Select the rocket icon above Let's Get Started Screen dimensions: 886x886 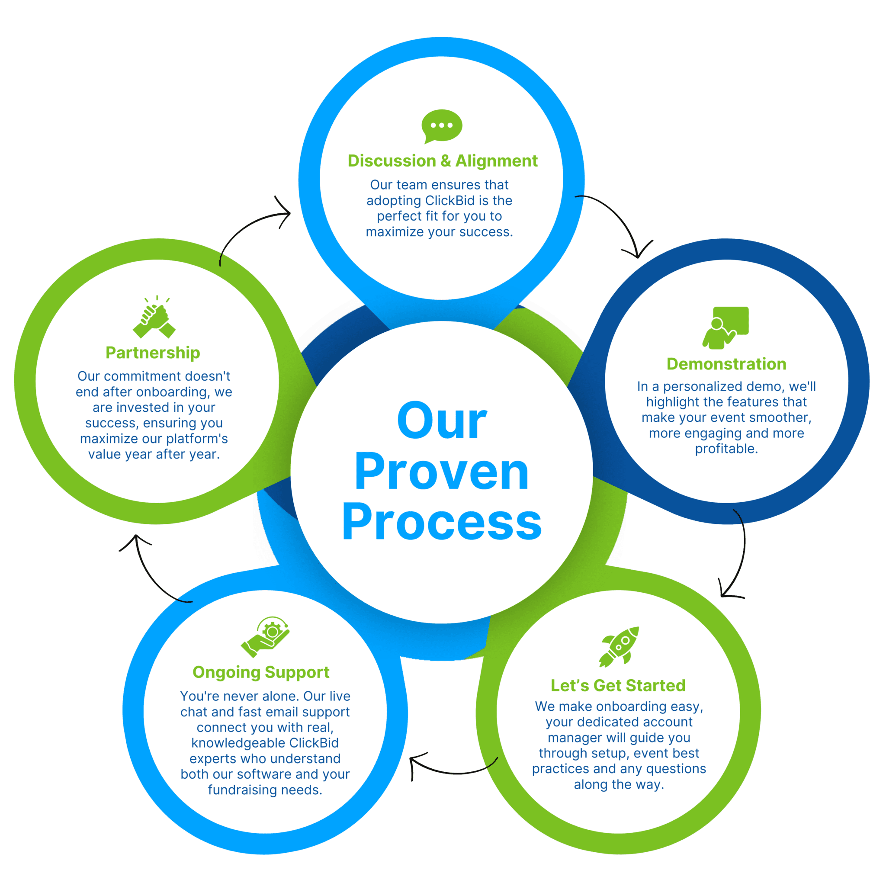[619, 647]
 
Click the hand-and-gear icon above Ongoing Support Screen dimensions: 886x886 [266, 637]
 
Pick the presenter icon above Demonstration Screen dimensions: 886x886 [725, 327]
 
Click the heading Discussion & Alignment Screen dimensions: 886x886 [443, 161]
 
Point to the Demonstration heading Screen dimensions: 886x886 [726, 364]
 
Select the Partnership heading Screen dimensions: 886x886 [153, 353]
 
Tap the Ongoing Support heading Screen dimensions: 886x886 [261, 672]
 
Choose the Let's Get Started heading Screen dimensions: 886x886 [618, 685]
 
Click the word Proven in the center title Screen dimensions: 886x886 [442, 472]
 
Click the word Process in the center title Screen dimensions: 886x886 [442, 522]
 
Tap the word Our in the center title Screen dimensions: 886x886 [442, 421]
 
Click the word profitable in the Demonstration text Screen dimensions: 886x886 [726, 449]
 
